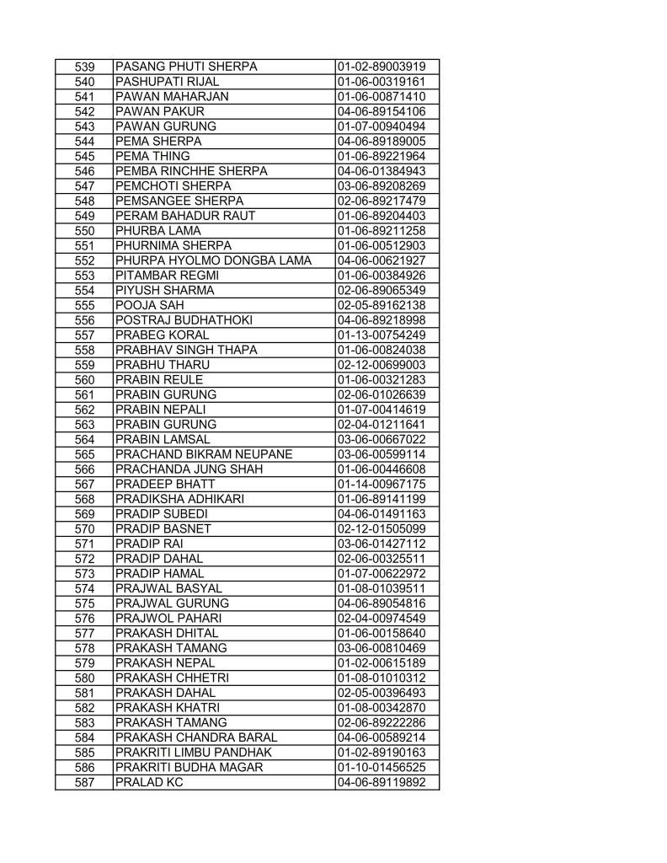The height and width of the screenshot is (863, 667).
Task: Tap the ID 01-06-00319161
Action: tap(381, 82)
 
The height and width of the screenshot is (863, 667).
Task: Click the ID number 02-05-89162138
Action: tap(381, 306)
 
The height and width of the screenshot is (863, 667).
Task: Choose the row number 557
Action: tap(83, 336)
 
